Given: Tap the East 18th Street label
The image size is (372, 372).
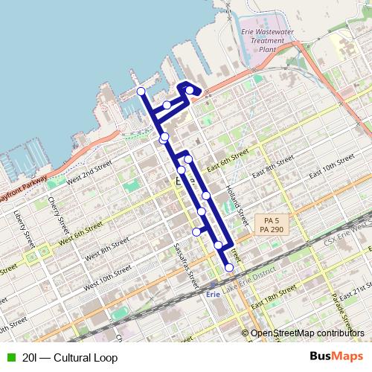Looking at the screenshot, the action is pos(275,302).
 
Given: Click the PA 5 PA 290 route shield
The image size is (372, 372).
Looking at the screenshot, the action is pos(271,225).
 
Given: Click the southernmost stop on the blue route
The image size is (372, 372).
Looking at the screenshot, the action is pos(229,267).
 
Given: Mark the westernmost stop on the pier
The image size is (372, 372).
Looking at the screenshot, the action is pos(141,91).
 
